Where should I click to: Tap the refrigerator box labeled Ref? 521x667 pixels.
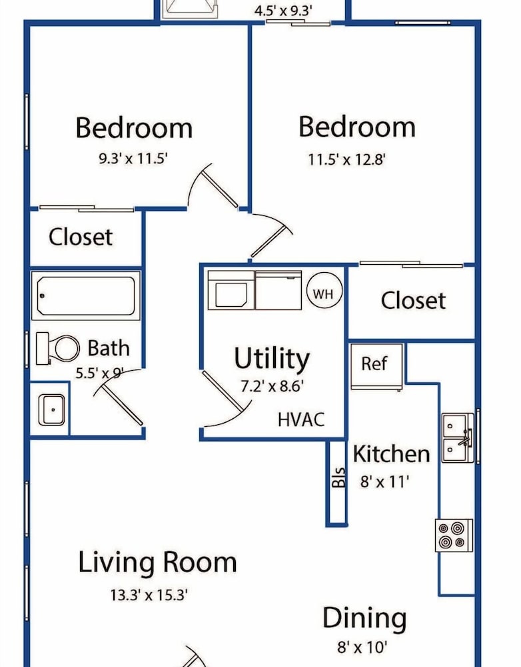[x=376, y=366]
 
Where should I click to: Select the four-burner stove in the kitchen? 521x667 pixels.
[x=454, y=535]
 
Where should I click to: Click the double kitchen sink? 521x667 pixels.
[x=458, y=438]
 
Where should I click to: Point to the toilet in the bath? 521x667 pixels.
[x=57, y=348]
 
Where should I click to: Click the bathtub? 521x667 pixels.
[x=86, y=296]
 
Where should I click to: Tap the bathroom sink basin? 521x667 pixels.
[x=52, y=410]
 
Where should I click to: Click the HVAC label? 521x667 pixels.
[x=301, y=420]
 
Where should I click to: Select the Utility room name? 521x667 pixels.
[x=272, y=358]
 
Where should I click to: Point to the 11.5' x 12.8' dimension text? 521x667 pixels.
[x=346, y=160]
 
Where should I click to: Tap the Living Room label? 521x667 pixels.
[x=157, y=563]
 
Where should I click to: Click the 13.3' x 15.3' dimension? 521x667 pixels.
[x=149, y=595]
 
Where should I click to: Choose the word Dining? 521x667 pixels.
[x=364, y=619]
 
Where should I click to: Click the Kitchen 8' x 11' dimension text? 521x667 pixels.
[x=384, y=482]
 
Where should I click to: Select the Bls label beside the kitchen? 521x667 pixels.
[x=338, y=478]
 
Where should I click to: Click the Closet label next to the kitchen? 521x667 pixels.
[x=413, y=300]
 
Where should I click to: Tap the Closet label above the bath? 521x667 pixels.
[x=81, y=237]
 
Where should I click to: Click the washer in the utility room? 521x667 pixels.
[x=231, y=291]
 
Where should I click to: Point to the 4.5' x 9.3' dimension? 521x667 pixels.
[x=283, y=11]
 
